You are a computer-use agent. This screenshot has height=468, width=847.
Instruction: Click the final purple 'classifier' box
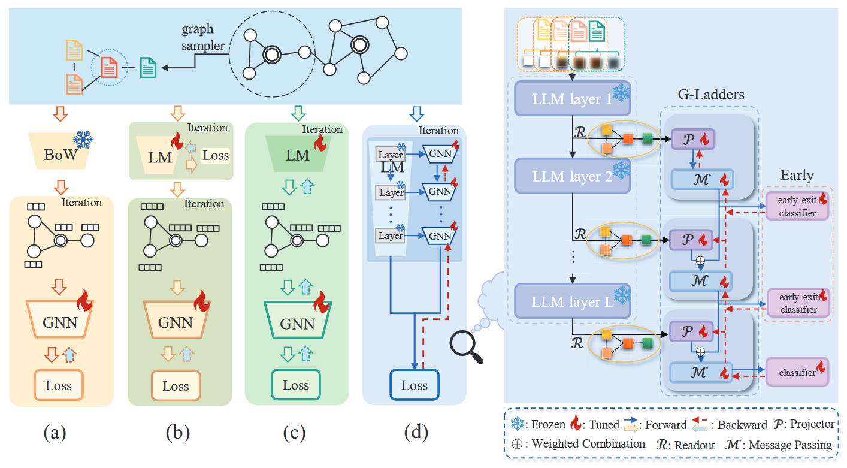coord(797,372)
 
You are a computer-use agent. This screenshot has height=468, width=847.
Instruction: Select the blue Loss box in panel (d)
coord(414,385)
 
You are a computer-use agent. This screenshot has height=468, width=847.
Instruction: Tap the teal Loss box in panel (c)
coord(296,385)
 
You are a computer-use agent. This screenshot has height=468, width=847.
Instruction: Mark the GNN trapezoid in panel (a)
coord(59,321)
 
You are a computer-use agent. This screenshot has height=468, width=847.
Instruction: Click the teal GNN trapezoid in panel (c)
coord(297,323)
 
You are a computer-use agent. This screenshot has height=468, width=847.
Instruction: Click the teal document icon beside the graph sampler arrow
coord(148,68)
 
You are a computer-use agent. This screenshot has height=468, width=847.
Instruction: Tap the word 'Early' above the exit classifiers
coord(797,175)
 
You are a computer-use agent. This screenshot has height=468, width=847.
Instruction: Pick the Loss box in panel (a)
coord(58,385)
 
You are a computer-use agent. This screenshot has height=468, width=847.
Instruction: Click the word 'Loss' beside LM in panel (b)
coord(216,156)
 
